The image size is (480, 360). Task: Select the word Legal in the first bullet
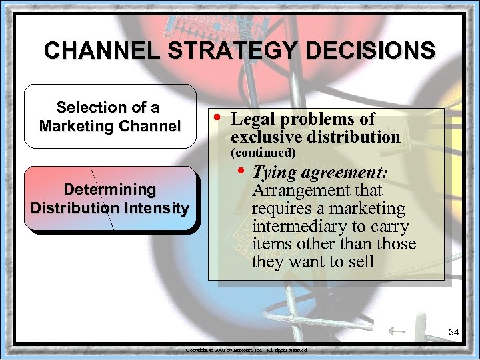pyautogui.click(x=251, y=119)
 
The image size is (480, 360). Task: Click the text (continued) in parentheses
pyautogui.click(x=263, y=153)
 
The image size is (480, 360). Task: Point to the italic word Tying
pyautogui.click(x=275, y=173)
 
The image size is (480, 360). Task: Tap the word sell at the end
pyautogui.click(x=359, y=262)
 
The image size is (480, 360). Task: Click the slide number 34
pyautogui.click(x=454, y=331)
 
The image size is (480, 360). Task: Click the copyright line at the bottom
pyautogui.click(x=247, y=349)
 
